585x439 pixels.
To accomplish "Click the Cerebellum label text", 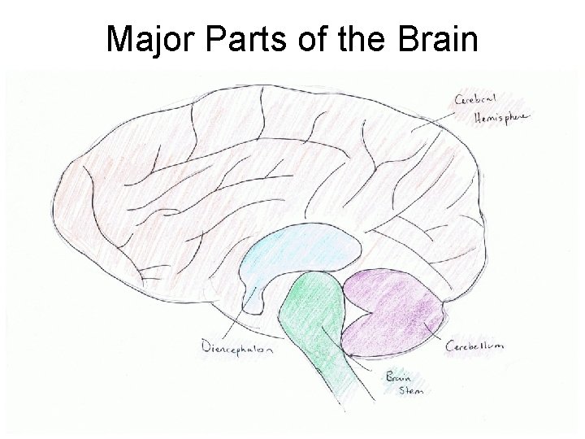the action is pos(475,346).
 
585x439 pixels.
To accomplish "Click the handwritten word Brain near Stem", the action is pos(398,376).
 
